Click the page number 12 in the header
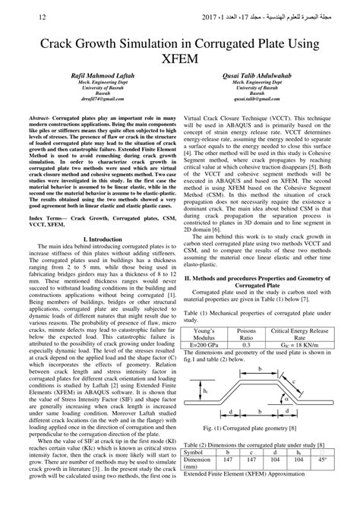(21, 16)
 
